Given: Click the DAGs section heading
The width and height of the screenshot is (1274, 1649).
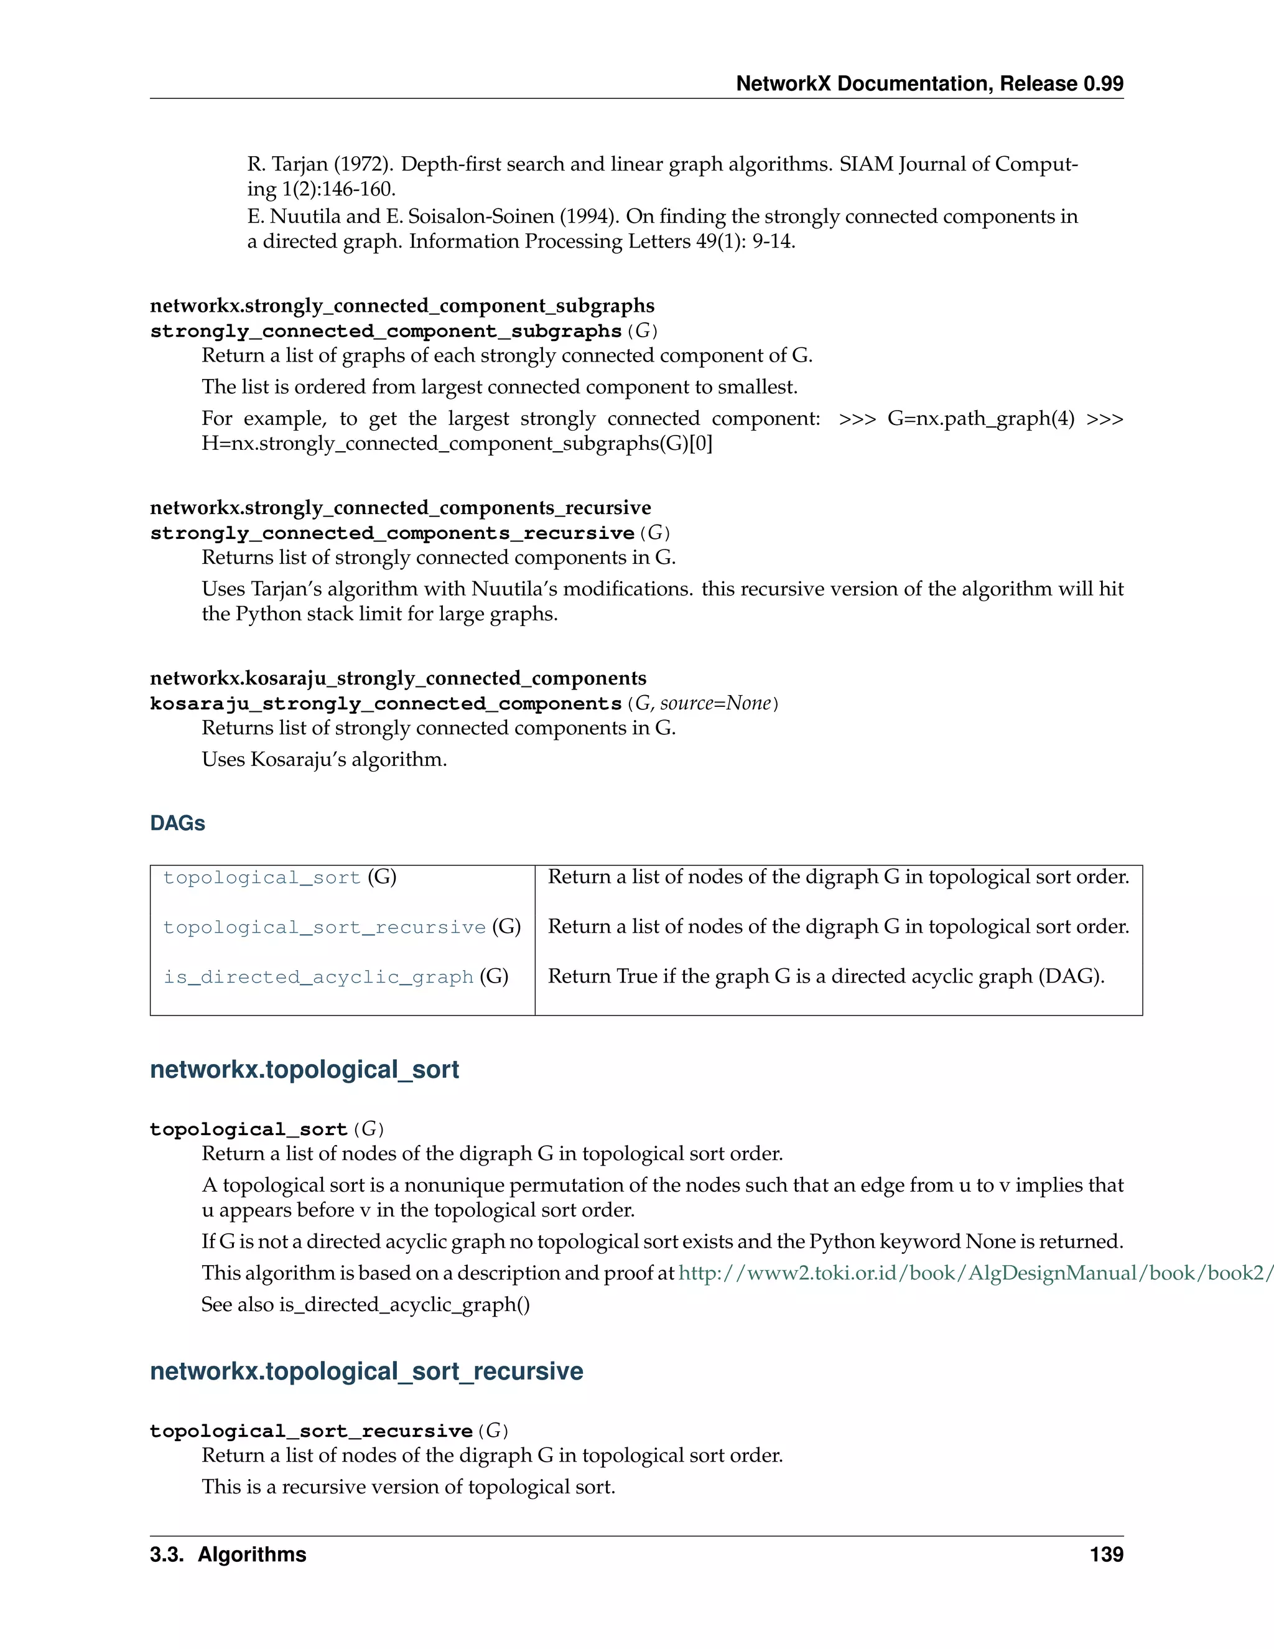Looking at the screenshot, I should pyautogui.click(x=177, y=823).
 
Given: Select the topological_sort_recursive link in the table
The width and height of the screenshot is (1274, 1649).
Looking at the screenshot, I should pyautogui.click(x=325, y=927).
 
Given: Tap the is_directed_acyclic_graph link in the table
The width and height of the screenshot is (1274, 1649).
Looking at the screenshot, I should pyautogui.click(x=318, y=977).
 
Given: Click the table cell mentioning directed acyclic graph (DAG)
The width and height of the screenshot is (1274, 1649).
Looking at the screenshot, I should pyautogui.click(x=825, y=976).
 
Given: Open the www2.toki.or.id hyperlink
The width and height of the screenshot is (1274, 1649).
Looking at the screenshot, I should pyautogui.click(x=974, y=1273).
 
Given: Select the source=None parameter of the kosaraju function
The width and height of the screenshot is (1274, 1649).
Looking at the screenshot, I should pyautogui.click(x=715, y=704).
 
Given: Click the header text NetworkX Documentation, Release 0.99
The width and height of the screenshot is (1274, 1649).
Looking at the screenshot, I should pyautogui.click(x=929, y=84).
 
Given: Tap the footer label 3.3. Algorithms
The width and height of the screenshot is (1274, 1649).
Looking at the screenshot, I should pyautogui.click(x=228, y=1554).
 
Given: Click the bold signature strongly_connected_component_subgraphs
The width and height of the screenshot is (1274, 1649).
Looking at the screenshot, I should pyautogui.click(x=385, y=332).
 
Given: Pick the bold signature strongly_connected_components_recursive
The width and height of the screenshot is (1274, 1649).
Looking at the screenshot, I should pyautogui.click(x=392, y=533).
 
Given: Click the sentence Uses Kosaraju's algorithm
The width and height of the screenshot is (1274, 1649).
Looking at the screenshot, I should pyautogui.click(x=323, y=760).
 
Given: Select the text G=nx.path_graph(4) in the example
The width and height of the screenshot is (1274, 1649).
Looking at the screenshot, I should pyautogui.click(x=980, y=419).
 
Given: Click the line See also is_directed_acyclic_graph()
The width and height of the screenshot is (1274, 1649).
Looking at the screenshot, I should pyautogui.click(x=365, y=1305).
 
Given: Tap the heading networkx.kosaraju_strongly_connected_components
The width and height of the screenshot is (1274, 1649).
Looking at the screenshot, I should pyautogui.click(x=398, y=678).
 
